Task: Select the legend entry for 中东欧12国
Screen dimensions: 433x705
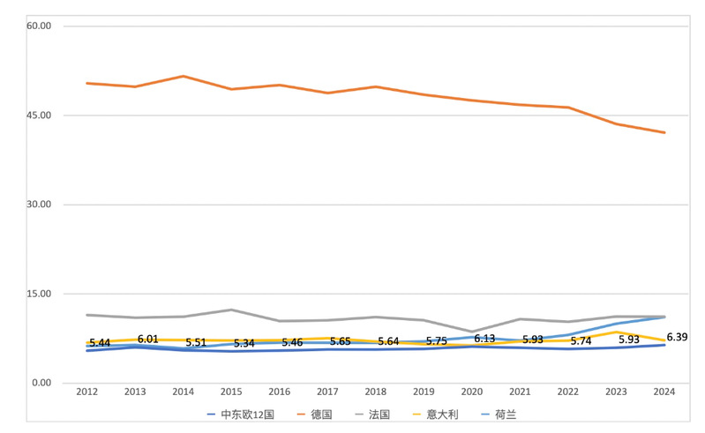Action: pyautogui.click(x=247, y=414)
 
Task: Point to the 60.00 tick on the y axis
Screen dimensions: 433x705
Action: pyautogui.click(x=40, y=26)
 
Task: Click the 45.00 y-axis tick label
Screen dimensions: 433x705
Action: pyautogui.click(x=40, y=115)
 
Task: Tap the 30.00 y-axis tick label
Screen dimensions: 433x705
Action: pyautogui.click(x=40, y=204)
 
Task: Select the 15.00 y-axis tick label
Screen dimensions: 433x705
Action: pyautogui.click(x=40, y=294)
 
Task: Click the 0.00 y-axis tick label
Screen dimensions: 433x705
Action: pyautogui.click(x=42, y=383)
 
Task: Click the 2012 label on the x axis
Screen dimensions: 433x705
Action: pyautogui.click(x=86, y=392)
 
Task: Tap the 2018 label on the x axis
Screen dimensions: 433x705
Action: pyautogui.click(x=376, y=392)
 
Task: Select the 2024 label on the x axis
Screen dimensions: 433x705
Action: pyautogui.click(x=664, y=392)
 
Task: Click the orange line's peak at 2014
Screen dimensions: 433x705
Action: pyautogui.click(x=183, y=76)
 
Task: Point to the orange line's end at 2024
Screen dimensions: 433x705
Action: pyautogui.click(x=664, y=132)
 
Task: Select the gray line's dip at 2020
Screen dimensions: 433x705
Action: pyautogui.click(x=472, y=332)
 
